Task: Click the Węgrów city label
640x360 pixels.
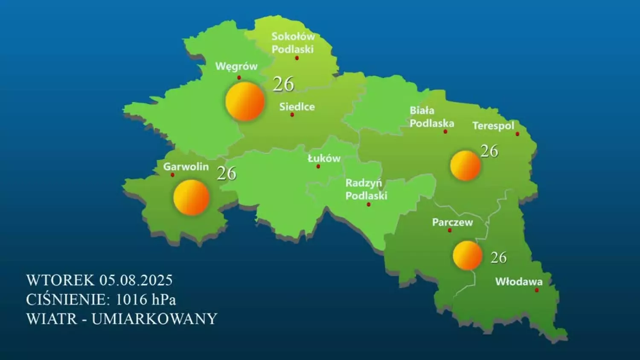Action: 236,66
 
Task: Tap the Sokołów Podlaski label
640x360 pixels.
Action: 293,43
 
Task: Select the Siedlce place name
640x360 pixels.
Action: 297,107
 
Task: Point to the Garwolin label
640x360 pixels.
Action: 186,166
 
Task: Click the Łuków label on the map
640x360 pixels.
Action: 324,158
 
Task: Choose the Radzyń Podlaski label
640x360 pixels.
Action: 366,189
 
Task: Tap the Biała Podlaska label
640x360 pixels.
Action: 431,117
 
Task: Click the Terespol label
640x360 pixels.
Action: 493,126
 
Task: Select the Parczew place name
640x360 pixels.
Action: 452,222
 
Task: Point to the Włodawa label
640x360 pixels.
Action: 519,282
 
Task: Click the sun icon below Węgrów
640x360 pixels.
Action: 245,102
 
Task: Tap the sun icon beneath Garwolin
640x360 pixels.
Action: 191,197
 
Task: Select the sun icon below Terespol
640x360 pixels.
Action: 465,165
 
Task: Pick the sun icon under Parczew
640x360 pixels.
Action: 468,255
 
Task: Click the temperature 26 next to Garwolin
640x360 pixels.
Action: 227,173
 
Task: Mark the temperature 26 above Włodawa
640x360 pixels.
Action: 498,258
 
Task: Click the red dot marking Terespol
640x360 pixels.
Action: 518,134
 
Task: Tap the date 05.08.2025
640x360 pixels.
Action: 136,280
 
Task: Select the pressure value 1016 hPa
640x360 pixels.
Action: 145,299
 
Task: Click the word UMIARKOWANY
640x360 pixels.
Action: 154,319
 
